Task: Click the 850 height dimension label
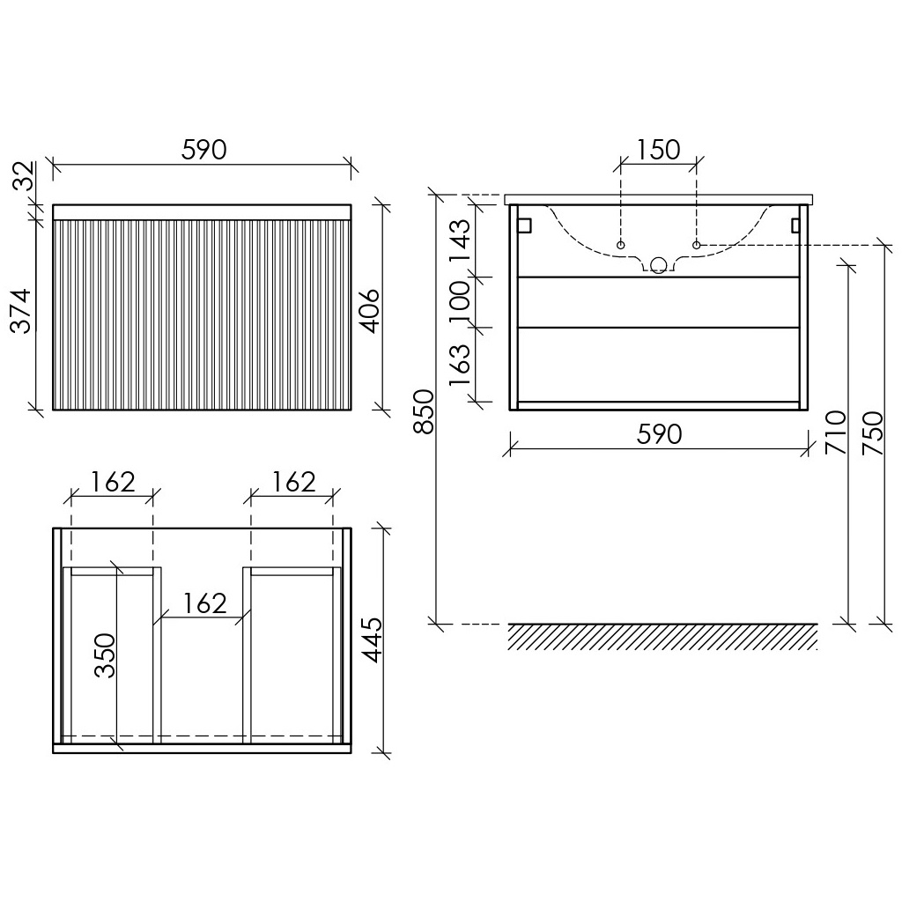[425, 411]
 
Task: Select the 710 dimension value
[836, 432]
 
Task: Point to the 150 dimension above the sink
[658, 150]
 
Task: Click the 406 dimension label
[369, 311]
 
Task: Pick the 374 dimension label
[22, 311]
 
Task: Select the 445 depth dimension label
[373, 640]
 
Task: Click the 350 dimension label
[106, 655]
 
